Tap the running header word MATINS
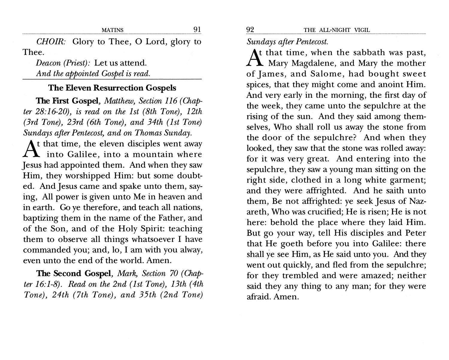point(113,30)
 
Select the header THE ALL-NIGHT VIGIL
point(337,30)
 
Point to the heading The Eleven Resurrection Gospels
point(112,88)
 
